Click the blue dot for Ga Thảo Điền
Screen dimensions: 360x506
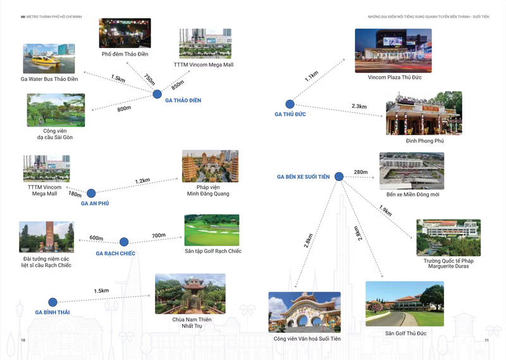[157, 94]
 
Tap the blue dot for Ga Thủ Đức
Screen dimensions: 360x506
[290, 104]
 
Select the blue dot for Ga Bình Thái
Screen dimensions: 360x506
[52, 302]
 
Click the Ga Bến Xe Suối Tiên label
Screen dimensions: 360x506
[303, 177]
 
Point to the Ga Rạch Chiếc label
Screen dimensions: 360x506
[116, 253]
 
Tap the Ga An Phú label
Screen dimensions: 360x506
[96, 204]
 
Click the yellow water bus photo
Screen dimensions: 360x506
[49, 59]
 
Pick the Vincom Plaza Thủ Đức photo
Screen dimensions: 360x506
[393, 50]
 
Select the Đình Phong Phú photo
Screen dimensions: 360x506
[424, 113]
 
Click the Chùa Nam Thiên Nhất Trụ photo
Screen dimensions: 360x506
[190, 294]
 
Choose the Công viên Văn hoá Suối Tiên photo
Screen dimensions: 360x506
[304, 313]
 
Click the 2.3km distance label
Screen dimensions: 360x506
[359, 106]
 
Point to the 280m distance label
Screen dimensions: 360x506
[361, 172]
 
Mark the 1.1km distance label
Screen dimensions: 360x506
[311, 77]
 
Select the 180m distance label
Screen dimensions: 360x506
[75, 194]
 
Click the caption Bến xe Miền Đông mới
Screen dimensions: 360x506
[412, 194]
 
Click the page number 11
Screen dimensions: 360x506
[486, 340]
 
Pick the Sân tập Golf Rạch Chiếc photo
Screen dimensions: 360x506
[212, 230]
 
